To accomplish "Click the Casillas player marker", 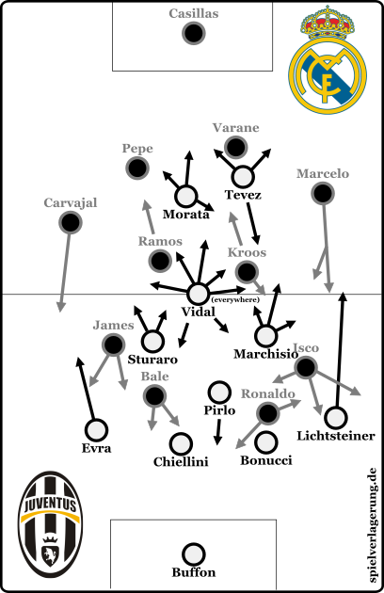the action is [194, 33].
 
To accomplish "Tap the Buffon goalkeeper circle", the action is [193, 554].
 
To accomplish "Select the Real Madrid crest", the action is [328, 60].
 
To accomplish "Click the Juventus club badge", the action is [51, 523].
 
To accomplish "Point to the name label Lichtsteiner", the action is [336, 436].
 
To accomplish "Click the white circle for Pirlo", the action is [219, 393].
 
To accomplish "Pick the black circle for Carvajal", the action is [71, 222].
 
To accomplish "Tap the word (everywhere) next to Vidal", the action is [235, 299].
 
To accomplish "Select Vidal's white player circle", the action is [199, 294].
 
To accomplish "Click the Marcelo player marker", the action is [323, 193].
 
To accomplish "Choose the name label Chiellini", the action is [181, 462].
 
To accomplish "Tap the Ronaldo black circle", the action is [268, 413].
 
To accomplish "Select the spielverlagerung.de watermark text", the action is [373, 525].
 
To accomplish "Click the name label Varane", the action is [235, 128].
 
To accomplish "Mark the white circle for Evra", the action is [96, 430].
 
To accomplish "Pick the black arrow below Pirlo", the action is [218, 432].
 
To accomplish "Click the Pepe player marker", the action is [137, 168].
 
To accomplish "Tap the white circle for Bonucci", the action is [266, 442].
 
